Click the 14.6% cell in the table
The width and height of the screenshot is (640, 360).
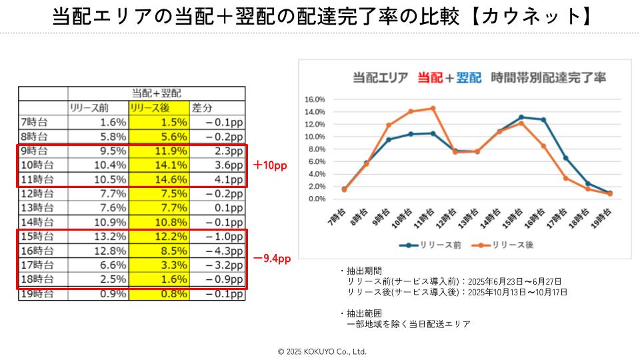coord(159,179)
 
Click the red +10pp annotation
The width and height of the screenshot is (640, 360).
coord(270,165)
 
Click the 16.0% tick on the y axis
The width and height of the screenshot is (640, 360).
coord(314,99)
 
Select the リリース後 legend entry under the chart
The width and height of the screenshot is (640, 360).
coord(506,245)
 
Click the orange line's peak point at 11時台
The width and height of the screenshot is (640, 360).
coord(433,108)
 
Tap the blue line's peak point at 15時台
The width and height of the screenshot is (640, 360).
coord(521,117)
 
